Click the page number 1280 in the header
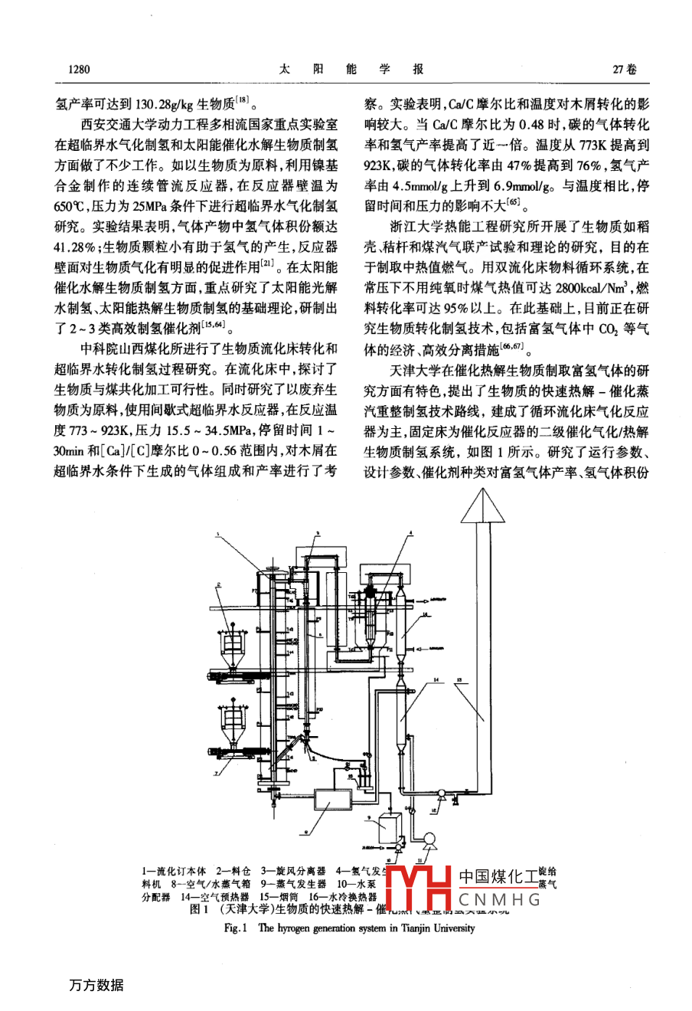coord(79,70)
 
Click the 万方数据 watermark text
coord(95,985)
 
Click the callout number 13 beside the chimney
coord(458,679)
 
